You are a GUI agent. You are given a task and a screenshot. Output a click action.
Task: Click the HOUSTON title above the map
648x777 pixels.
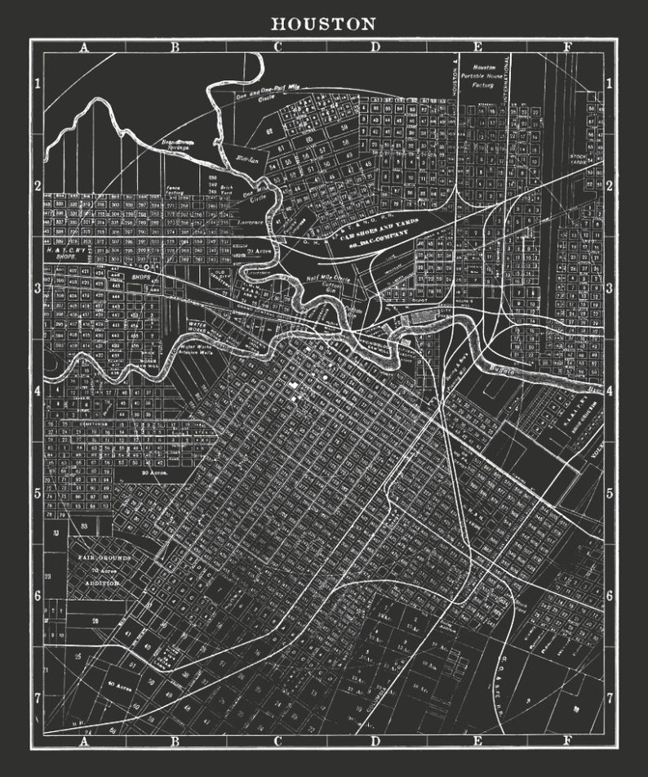[x=323, y=25]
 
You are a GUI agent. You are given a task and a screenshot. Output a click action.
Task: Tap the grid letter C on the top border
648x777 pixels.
[x=277, y=47]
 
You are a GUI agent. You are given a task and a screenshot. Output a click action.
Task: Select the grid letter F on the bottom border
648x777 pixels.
[x=566, y=742]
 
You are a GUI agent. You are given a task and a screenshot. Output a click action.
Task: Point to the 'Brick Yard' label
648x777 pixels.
[x=228, y=190]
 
